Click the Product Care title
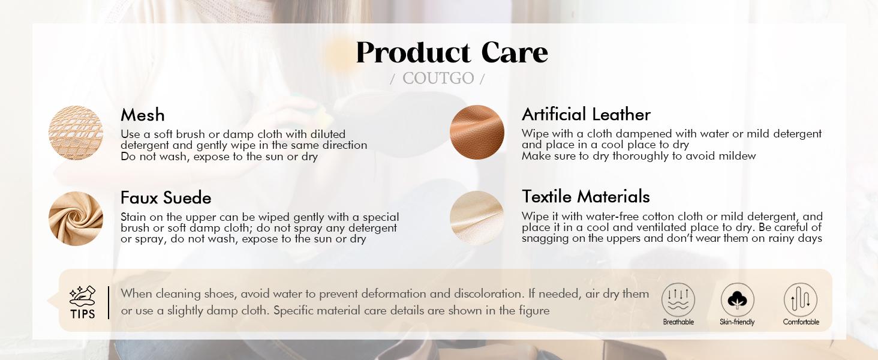coord(452,53)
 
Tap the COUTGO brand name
coord(438,79)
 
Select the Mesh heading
coord(143,115)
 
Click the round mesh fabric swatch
coord(76,133)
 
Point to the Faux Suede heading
coord(166,197)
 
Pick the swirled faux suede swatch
coord(76,218)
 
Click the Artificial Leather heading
coord(586,115)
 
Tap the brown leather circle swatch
coord(477,132)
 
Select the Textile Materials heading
coord(585,196)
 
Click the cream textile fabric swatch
coord(477,218)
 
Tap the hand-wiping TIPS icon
coord(82,296)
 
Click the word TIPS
coord(83,314)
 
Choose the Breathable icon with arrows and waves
coord(678,299)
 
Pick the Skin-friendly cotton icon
coord(737,299)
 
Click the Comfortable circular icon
coord(801,299)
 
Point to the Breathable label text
coord(678,322)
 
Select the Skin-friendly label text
coord(737,322)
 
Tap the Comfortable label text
coord(801,322)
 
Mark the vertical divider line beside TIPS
coord(109,302)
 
